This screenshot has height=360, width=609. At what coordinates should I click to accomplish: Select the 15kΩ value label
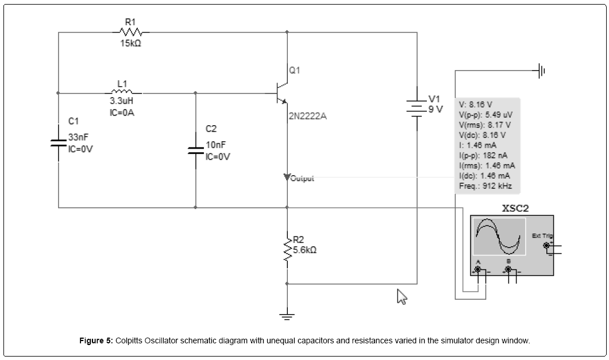tap(130, 44)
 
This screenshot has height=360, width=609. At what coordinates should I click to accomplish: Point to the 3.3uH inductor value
tap(122, 102)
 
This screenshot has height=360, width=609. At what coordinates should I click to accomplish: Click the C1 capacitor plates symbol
tap(59, 143)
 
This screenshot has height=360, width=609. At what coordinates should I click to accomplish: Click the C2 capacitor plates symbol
tap(196, 150)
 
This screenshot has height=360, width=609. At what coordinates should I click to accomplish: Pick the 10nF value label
tap(216, 145)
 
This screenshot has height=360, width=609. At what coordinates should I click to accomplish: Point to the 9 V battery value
tap(435, 110)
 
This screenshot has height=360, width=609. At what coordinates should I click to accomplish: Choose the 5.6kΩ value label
tap(304, 250)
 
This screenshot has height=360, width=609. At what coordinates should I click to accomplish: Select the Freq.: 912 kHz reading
tap(486, 185)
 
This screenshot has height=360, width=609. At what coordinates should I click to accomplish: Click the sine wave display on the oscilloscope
tap(499, 237)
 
